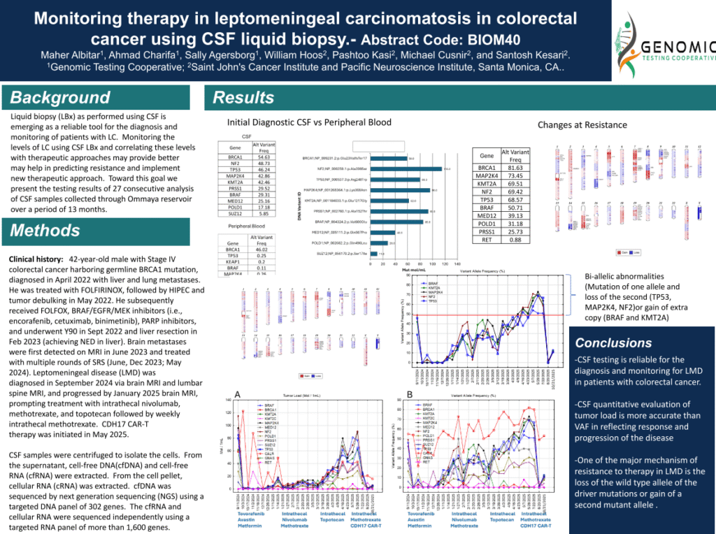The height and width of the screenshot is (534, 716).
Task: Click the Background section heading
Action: [x=60, y=97]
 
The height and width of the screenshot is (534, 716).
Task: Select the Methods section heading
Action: [x=45, y=230]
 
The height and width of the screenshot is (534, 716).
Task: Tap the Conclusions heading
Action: [x=613, y=343]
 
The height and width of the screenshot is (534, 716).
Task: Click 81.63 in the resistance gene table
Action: [x=515, y=168]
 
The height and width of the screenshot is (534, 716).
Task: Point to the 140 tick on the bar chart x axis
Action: [x=457, y=264]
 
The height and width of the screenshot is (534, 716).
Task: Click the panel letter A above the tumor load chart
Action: [x=238, y=395]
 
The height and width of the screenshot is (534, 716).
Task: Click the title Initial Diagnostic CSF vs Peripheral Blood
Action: [x=309, y=122]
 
